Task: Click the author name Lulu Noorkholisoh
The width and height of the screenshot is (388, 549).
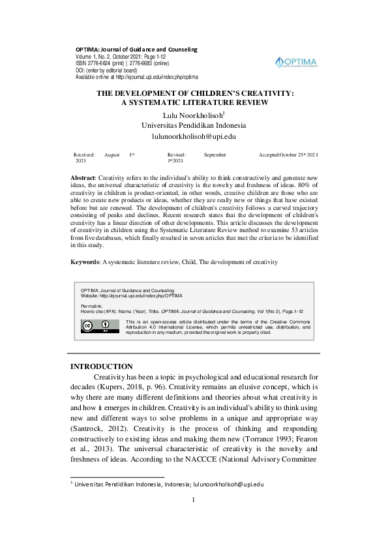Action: point(193,115)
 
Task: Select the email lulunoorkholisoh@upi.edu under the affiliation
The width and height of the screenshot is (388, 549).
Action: point(194,136)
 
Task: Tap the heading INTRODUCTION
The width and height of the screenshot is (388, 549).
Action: point(101,366)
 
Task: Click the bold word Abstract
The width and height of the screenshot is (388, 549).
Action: point(82,178)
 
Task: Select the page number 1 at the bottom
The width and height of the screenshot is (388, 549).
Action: point(194,518)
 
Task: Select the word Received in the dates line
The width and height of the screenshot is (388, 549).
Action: point(84,155)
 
